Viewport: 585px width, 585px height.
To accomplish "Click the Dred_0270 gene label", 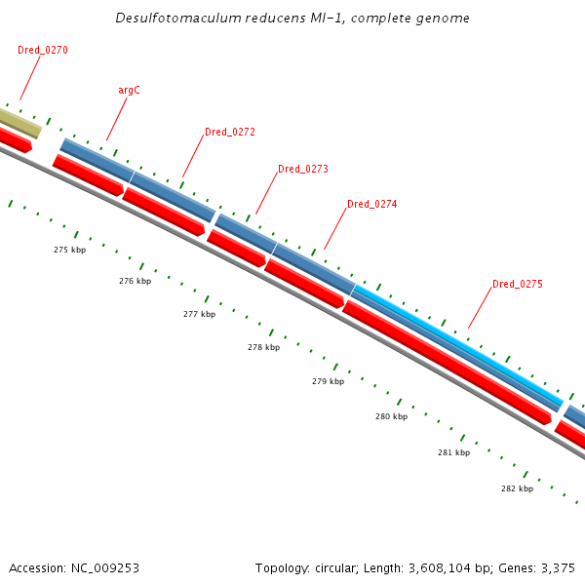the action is (x=43, y=50).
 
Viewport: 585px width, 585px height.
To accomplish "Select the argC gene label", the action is (x=129, y=90).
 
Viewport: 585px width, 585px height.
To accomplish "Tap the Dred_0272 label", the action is (x=230, y=132).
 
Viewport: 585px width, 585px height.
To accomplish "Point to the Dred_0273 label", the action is (x=303, y=169).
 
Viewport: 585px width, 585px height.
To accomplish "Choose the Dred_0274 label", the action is (x=372, y=204).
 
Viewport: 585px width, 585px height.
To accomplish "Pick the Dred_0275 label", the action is (x=518, y=284).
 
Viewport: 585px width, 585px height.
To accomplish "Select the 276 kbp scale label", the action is (x=135, y=281).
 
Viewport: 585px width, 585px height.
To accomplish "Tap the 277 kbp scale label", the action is (x=199, y=314).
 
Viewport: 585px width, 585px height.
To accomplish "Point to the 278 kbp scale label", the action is (x=263, y=347).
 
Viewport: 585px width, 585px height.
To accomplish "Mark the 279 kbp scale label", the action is (x=328, y=381).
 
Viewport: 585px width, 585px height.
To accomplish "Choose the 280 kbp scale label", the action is (x=391, y=416).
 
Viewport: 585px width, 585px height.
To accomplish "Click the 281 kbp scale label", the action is (x=453, y=452).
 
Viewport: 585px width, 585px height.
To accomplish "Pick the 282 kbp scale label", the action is (x=517, y=488).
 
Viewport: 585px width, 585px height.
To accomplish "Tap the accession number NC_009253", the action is (x=103, y=567).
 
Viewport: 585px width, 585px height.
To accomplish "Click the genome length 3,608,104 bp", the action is (x=441, y=567).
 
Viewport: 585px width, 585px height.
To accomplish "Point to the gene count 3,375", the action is (x=557, y=567).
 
